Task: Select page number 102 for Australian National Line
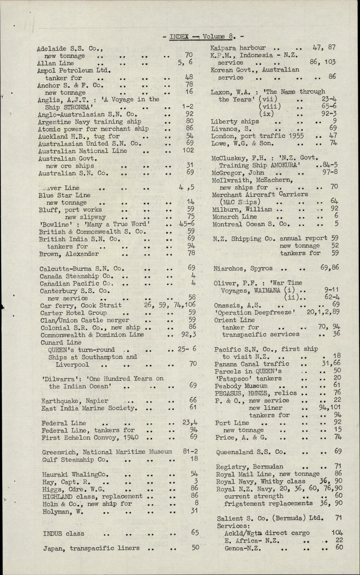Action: (188, 151)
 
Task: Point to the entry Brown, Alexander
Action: (69, 253)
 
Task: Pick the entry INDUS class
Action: (64, 533)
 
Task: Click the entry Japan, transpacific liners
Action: (91, 548)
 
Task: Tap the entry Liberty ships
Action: (235, 121)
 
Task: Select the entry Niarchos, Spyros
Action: (243, 268)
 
